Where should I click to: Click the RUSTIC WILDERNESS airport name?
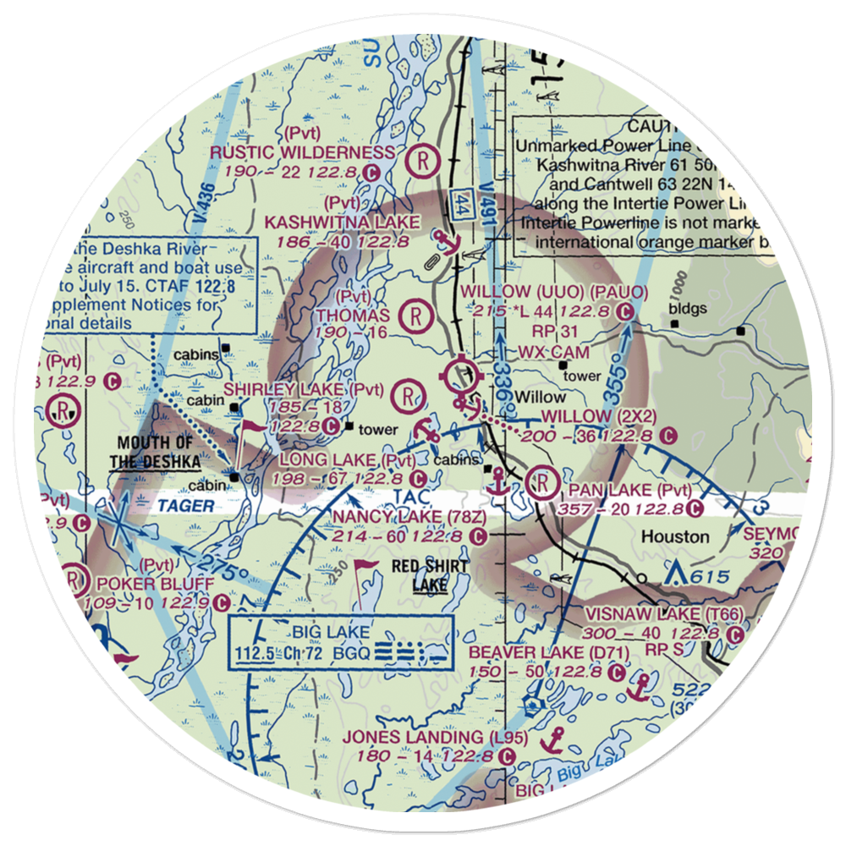point(302,153)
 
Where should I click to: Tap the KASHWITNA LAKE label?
point(343,222)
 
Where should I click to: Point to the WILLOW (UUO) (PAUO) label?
point(554,293)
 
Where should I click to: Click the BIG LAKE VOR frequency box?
point(341,642)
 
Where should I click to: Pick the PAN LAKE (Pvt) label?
point(630,491)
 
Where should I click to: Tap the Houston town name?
point(675,536)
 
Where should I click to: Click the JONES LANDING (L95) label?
point(435,738)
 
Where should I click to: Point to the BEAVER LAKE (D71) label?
point(537,652)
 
